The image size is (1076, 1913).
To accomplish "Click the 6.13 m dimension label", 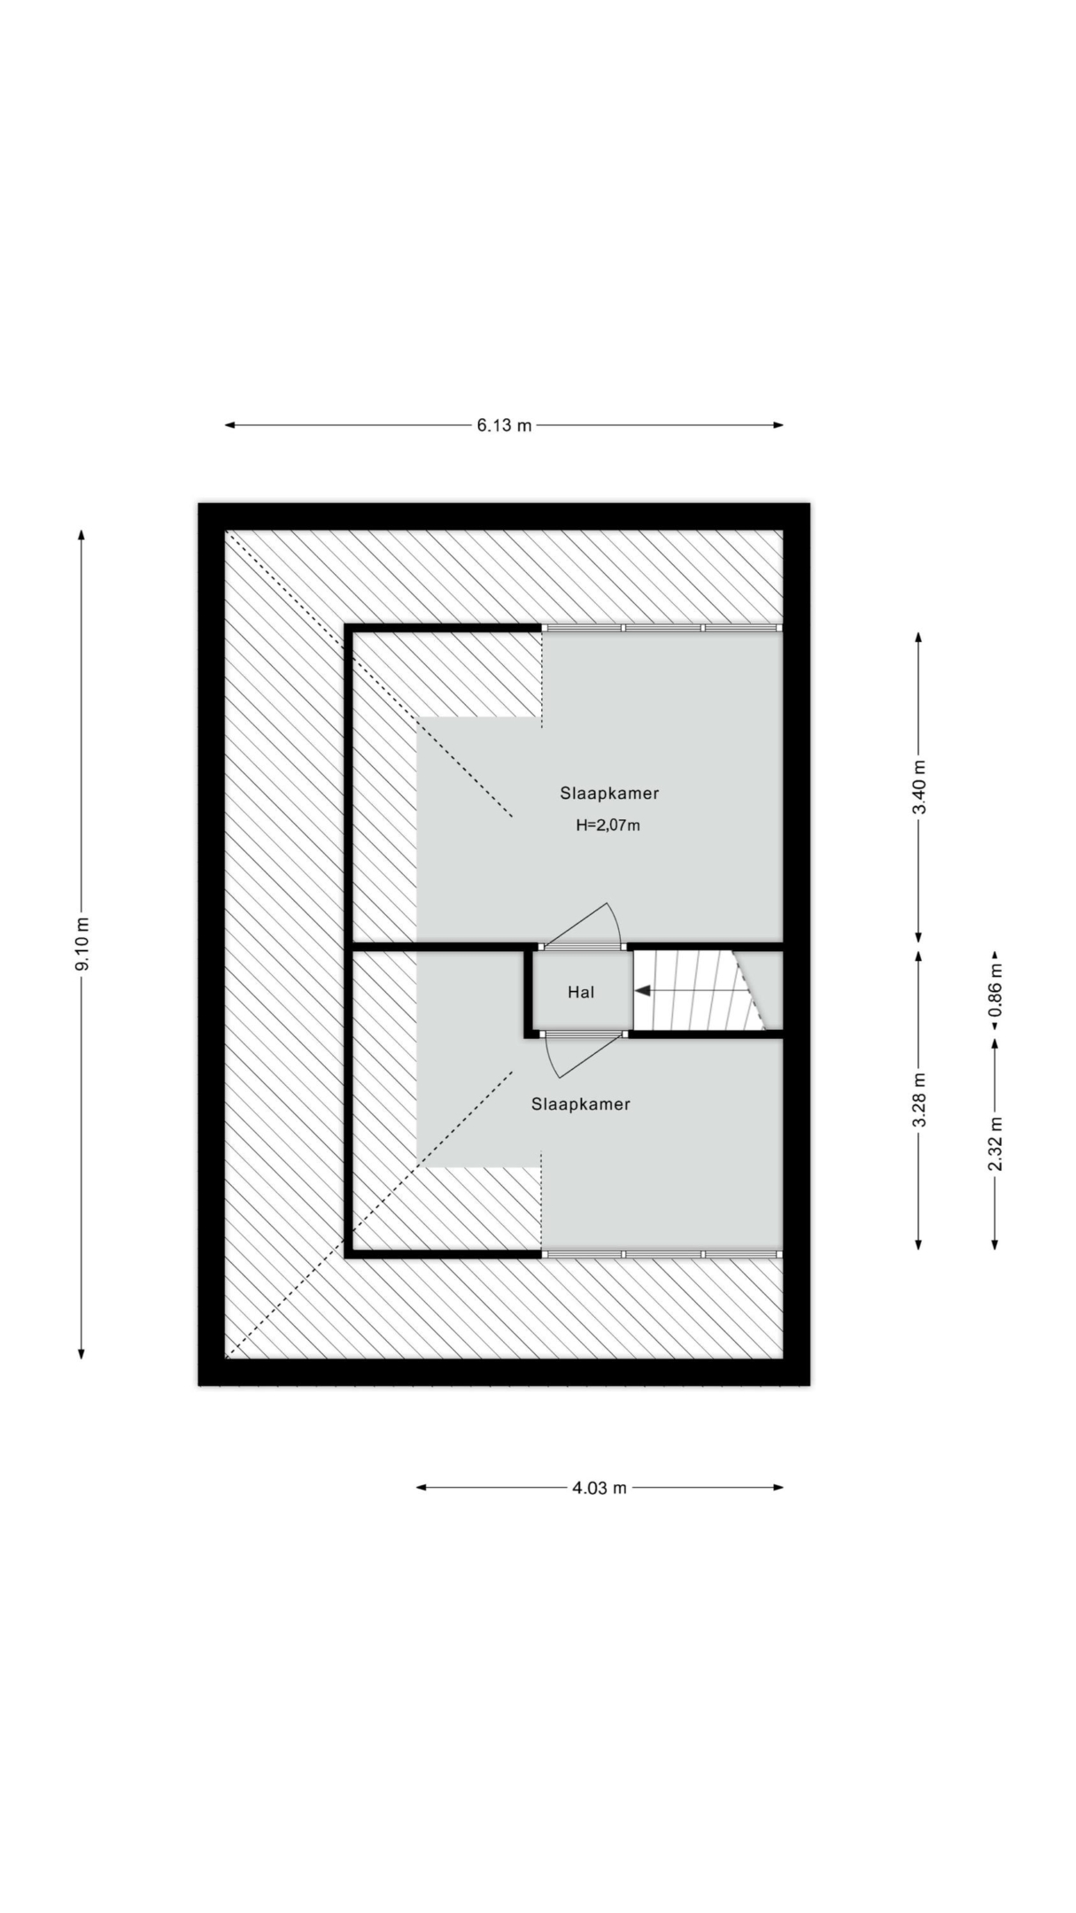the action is point(504,425).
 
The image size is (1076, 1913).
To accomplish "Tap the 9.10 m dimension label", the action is point(81,943).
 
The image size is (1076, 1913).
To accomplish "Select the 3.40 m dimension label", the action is point(918,787).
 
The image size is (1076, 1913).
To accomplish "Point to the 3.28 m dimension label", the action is point(918,1100).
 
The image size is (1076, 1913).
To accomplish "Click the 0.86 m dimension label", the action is point(995,990).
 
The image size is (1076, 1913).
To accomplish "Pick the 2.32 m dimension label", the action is point(995,1143).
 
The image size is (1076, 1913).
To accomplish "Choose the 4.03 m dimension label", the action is point(599,1488).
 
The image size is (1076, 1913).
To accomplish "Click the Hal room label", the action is point(581,993).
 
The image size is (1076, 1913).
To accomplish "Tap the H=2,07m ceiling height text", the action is point(608,825).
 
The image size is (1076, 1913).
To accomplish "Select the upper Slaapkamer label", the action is point(609,794).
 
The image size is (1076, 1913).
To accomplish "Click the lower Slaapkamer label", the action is point(581,1104).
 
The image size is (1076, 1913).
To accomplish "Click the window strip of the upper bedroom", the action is point(662,628).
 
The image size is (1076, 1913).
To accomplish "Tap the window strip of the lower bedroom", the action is point(662,1254).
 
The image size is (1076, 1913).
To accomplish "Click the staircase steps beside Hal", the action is point(700,991).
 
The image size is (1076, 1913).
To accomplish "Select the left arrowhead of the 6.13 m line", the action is point(229,425).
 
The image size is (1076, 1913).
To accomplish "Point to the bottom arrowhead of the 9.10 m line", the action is point(81,1353).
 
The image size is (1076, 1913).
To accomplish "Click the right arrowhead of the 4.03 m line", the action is point(778,1488).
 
